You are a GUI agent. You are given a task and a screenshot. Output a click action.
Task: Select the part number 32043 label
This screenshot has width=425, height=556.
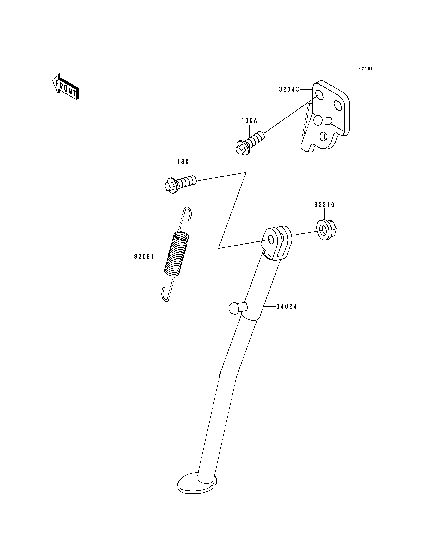(289, 89)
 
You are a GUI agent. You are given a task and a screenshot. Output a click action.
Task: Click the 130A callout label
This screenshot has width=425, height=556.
(249, 120)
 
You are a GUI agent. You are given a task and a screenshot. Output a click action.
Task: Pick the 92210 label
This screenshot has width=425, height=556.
(324, 205)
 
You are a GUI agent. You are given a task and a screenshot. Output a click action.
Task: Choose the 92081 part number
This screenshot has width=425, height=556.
(144, 257)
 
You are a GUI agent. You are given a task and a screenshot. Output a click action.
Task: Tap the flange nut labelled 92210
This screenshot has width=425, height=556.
(327, 230)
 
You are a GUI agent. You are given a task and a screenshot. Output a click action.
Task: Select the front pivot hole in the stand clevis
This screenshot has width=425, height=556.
(271, 239)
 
